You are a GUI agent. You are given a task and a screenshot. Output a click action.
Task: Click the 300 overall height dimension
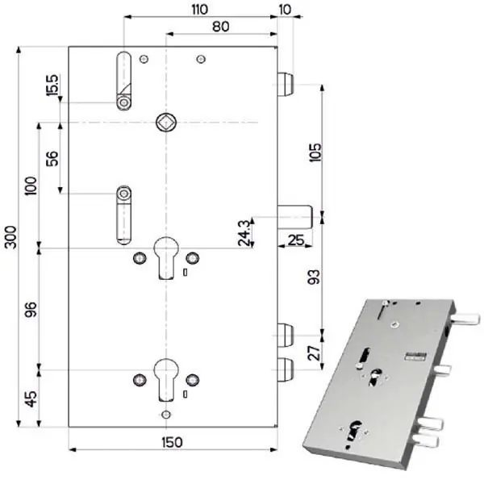11,236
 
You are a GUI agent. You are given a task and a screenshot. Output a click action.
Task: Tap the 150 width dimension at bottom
172,442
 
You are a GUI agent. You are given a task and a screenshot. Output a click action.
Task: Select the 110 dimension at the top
200,9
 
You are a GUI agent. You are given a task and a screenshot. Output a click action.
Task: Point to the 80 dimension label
221,27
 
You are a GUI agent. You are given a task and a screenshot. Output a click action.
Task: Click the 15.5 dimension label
52,85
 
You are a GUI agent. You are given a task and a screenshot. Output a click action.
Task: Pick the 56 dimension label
52,158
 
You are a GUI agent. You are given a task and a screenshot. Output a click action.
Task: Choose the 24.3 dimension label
244,232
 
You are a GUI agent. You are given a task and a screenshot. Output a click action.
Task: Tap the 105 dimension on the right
315,152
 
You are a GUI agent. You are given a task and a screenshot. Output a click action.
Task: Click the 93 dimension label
314,277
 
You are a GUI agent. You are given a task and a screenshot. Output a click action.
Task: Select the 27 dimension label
315,353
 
